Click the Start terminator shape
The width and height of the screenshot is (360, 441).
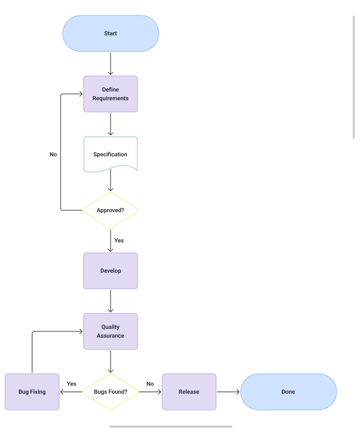[111, 33]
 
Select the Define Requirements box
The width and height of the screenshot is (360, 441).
[111, 94]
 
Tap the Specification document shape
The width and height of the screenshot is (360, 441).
[111, 154]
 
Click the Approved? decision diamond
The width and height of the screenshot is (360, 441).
[111, 210]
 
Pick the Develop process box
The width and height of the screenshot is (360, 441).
[111, 271]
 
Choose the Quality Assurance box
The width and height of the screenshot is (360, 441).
[111, 331]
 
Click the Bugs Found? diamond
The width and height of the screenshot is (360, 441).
[111, 392]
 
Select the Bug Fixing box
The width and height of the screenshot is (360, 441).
[32, 392]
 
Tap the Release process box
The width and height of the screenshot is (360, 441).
[189, 392]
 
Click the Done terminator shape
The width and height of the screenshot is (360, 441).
[289, 392]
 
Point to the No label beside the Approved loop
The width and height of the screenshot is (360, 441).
[53, 154]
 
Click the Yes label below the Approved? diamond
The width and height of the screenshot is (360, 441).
[119, 240]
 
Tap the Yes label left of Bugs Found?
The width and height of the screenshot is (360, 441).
[71, 384]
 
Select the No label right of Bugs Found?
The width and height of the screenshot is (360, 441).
[150, 384]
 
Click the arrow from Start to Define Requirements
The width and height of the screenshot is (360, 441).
[111, 63]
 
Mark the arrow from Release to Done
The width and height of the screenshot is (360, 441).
[228, 392]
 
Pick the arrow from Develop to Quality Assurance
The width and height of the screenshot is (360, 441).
[111, 301]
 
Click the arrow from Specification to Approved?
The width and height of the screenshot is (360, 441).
[111, 181]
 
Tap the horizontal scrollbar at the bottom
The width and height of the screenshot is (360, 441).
[170, 426]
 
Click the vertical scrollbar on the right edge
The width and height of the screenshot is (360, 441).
[354, 77]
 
